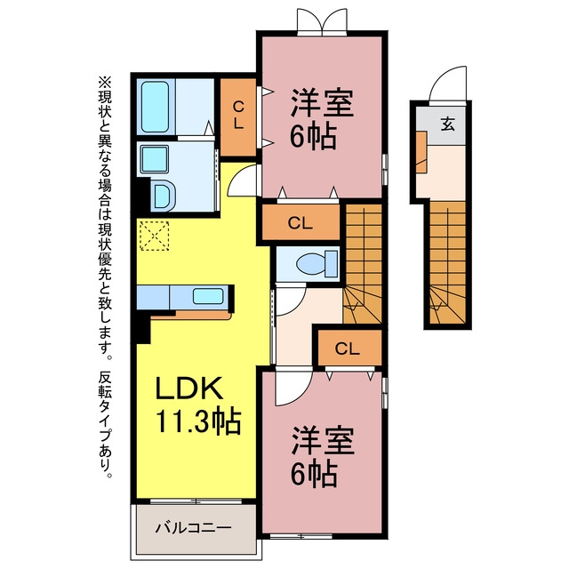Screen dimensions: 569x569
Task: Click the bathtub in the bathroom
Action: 155,107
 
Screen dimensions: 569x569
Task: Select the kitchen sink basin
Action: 208,296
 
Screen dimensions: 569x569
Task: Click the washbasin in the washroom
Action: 155,159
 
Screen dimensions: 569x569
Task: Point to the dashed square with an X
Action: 154,236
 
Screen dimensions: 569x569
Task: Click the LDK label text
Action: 188,389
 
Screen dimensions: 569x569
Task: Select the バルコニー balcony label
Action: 194,527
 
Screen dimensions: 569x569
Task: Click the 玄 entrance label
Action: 447,124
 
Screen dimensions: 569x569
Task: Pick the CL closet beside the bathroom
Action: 238,116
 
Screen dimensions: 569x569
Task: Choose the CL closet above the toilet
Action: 301,223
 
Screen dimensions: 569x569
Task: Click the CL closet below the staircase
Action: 348,349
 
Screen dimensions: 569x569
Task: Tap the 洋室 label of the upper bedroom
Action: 322,103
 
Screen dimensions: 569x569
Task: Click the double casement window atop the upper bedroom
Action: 322,21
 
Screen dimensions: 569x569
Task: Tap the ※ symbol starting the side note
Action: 105,82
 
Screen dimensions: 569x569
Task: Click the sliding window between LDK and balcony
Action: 196,501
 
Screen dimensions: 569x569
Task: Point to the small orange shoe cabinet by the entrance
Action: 421,152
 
